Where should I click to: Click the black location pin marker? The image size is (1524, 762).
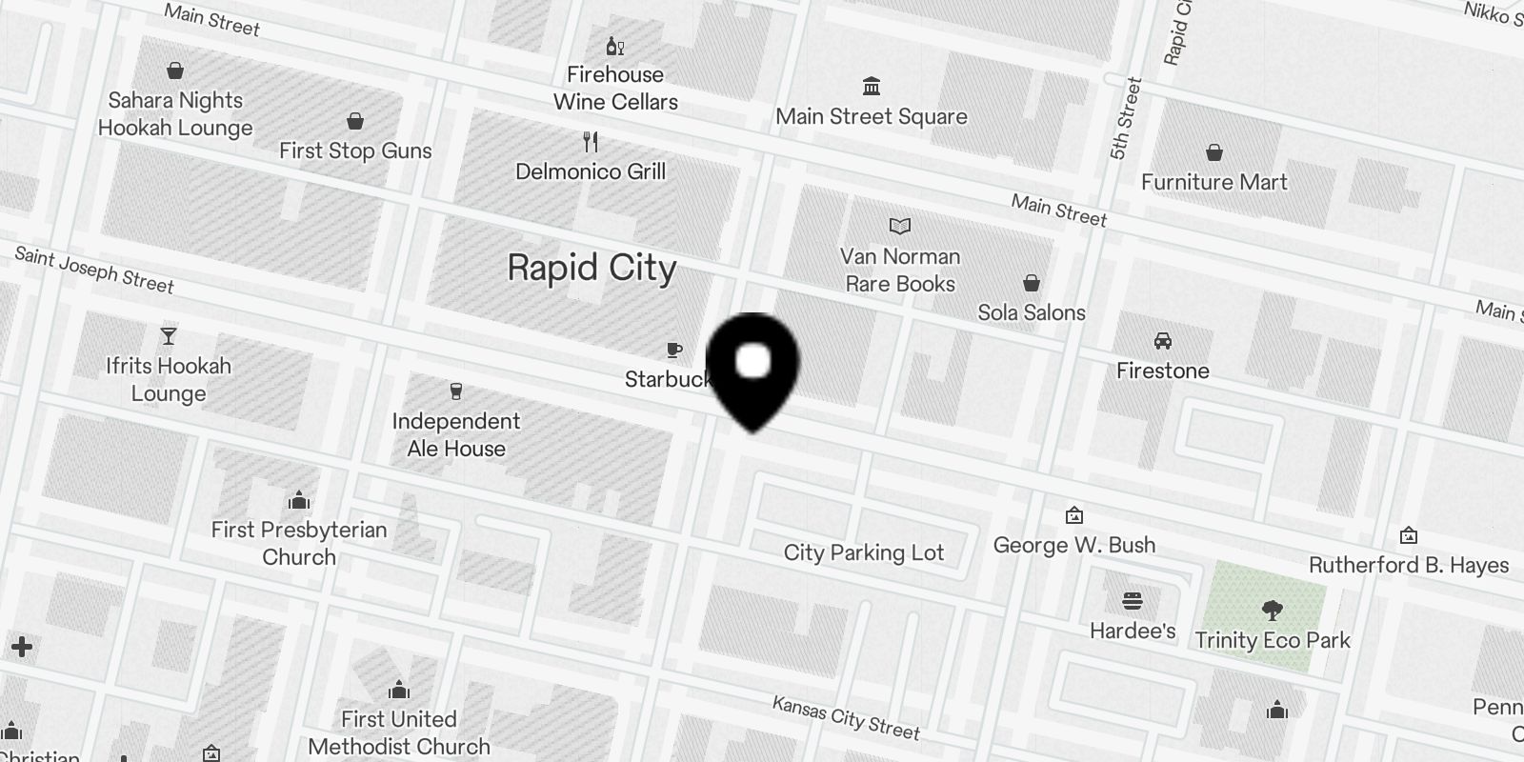(753, 367)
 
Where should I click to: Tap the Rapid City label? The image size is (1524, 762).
(592, 269)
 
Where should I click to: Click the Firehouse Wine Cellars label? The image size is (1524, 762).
(615, 89)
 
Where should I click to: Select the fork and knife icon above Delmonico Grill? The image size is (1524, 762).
(591, 143)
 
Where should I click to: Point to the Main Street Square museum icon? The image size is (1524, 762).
(871, 87)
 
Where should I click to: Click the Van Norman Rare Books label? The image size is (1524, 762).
(900, 271)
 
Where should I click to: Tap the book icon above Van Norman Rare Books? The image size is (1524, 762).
(900, 227)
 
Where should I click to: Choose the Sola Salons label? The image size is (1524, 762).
(1032, 312)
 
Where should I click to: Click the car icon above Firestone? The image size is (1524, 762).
(1162, 341)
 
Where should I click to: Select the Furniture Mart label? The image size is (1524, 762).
(1214, 182)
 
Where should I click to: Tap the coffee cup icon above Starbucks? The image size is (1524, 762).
(674, 351)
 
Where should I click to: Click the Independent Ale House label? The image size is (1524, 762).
(456, 435)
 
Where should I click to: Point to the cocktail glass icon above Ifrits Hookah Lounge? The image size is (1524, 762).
(169, 336)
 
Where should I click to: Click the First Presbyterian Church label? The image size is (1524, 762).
(299, 543)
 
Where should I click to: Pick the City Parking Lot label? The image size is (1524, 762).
(864, 552)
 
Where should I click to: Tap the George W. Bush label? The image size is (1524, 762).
(1074, 545)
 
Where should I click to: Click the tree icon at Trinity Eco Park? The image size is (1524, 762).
(1272, 611)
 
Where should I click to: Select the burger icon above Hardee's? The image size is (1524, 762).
(1133, 601)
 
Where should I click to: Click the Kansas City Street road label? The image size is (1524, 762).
(846, 718)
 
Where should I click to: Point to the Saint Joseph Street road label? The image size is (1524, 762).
(94, 270)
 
